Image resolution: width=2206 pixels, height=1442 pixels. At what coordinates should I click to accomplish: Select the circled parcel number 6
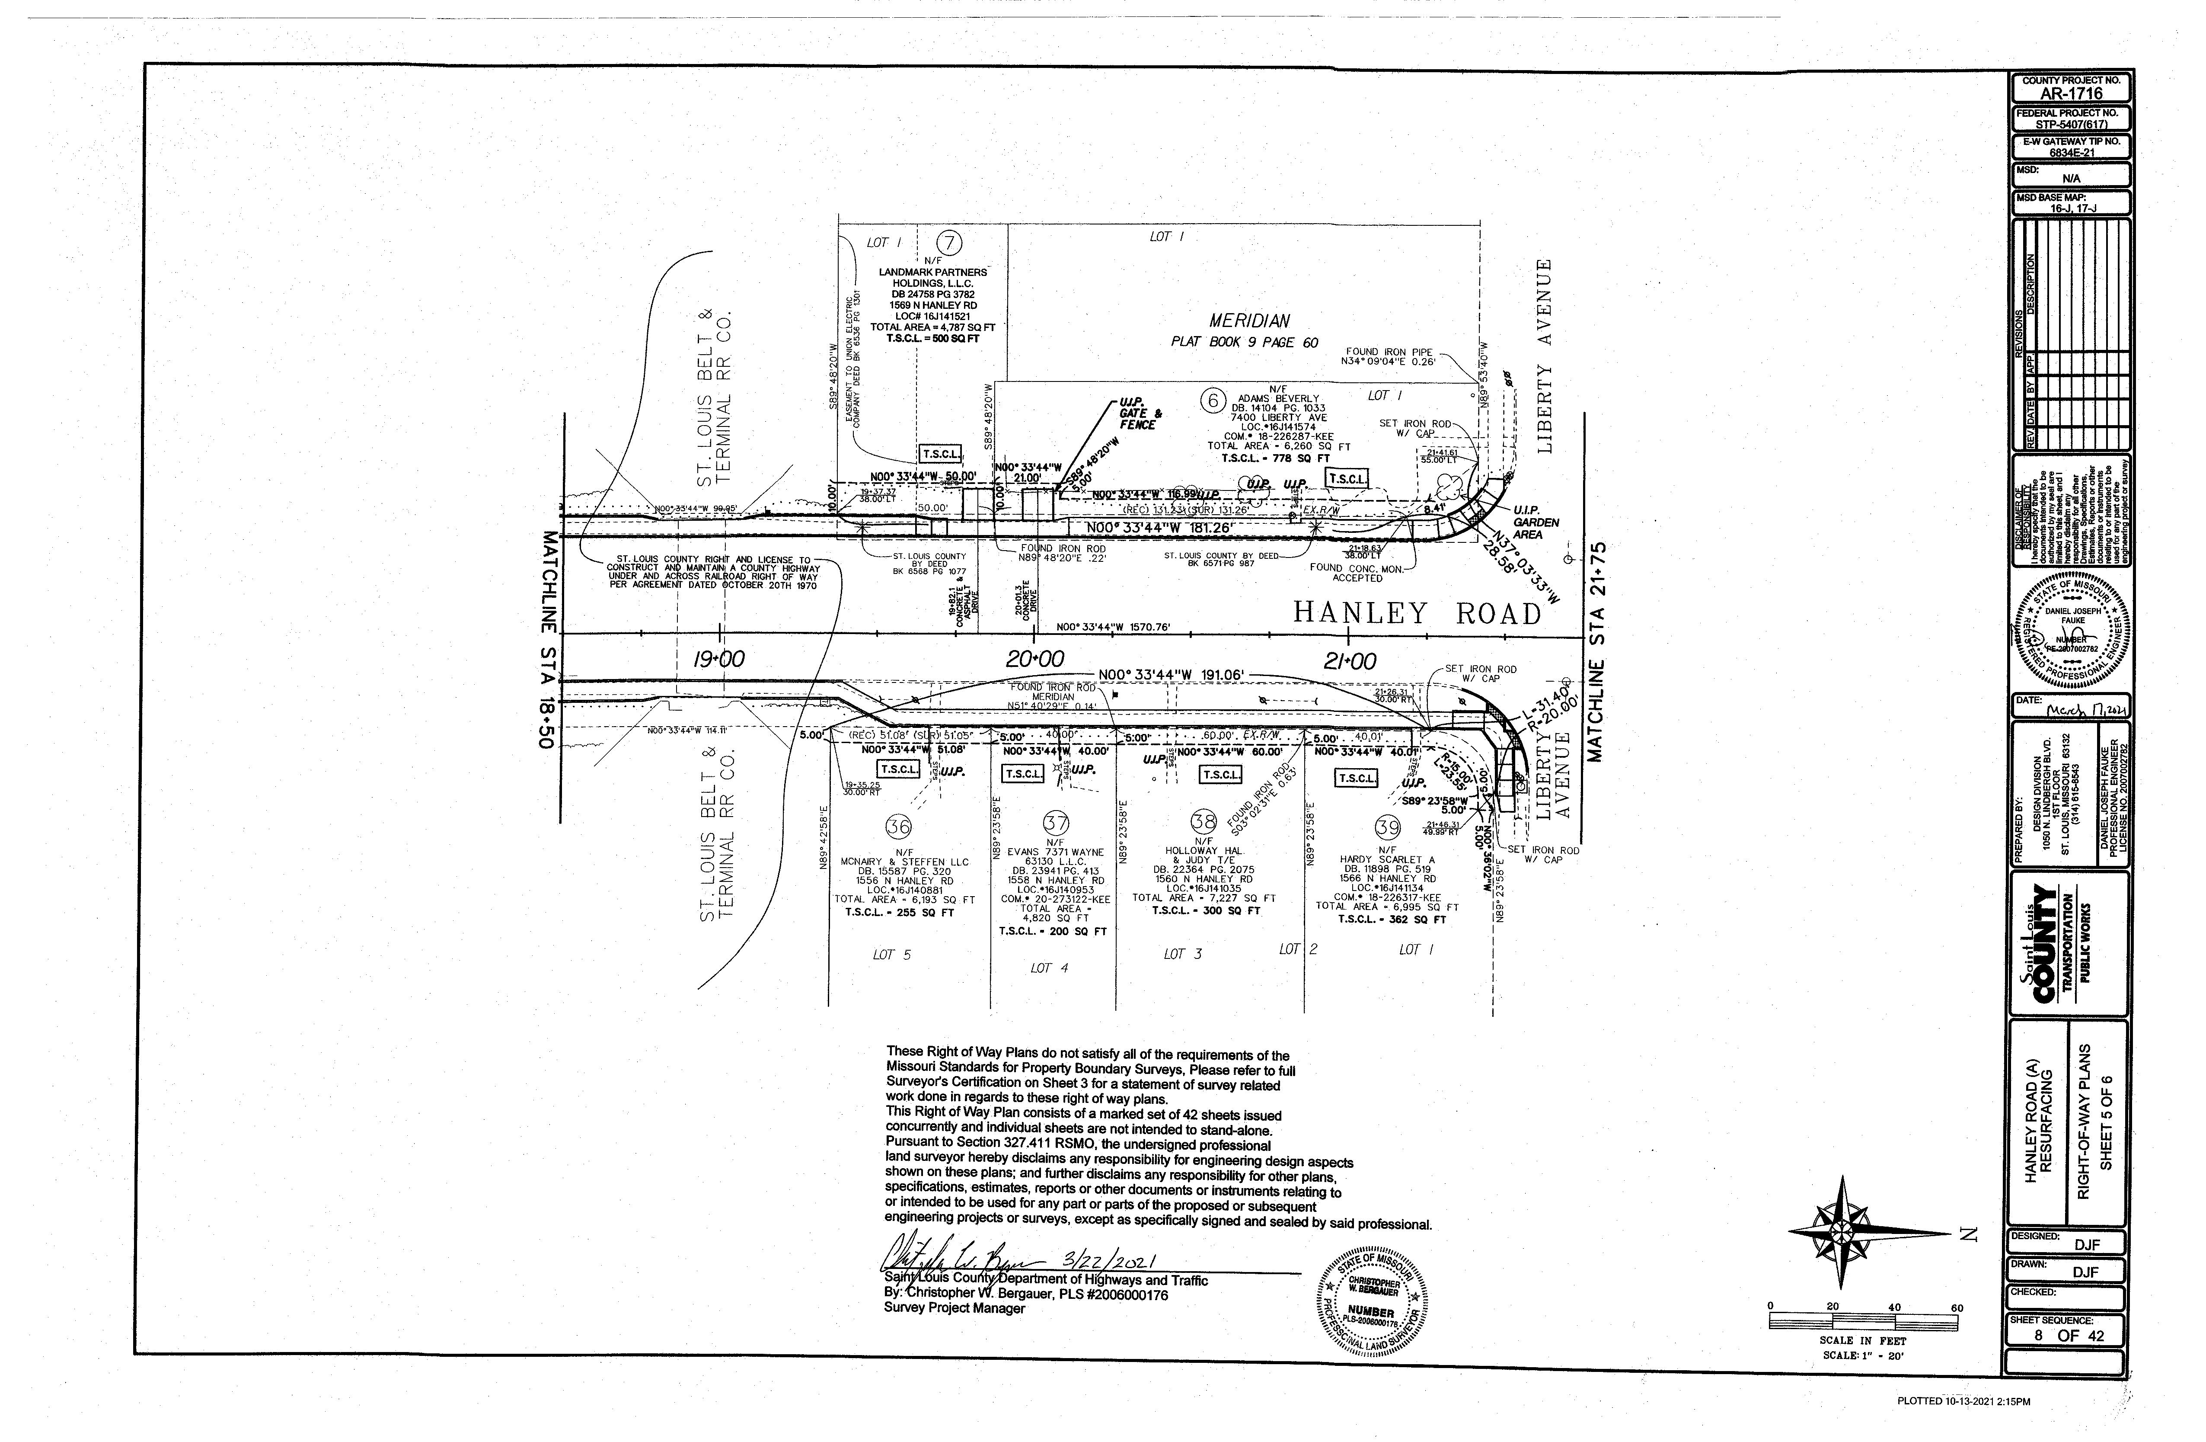point(1211,401)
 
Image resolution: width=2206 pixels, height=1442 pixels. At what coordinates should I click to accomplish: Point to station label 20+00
point(1035,659)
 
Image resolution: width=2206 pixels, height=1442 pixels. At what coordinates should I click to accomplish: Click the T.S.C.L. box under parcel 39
point(1356,778)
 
